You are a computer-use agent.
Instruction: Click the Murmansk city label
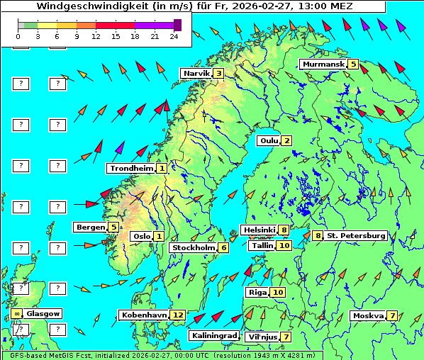[323, 64]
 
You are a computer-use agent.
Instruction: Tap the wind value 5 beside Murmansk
[353, 64]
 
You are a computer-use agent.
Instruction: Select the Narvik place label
[196, 73]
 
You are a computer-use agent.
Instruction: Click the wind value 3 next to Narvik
[219, 73]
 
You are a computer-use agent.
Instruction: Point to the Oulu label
[269, 140]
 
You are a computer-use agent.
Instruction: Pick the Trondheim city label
[131, 168]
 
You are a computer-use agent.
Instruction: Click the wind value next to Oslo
[159, 236]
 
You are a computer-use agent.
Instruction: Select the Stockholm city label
[194, 247]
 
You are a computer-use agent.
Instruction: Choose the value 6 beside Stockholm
[223, 247]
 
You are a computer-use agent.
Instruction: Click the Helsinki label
[259, 230]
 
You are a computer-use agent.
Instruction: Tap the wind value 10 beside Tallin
[284, 245]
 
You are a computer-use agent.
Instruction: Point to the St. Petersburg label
[356, 235]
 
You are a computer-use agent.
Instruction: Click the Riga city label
[256, 292]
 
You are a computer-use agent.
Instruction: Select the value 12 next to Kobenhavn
[178, 315]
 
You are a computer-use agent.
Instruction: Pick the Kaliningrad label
[214, 335]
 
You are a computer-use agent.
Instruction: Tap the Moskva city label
[368, 315]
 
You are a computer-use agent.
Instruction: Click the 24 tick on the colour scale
[174, 35]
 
